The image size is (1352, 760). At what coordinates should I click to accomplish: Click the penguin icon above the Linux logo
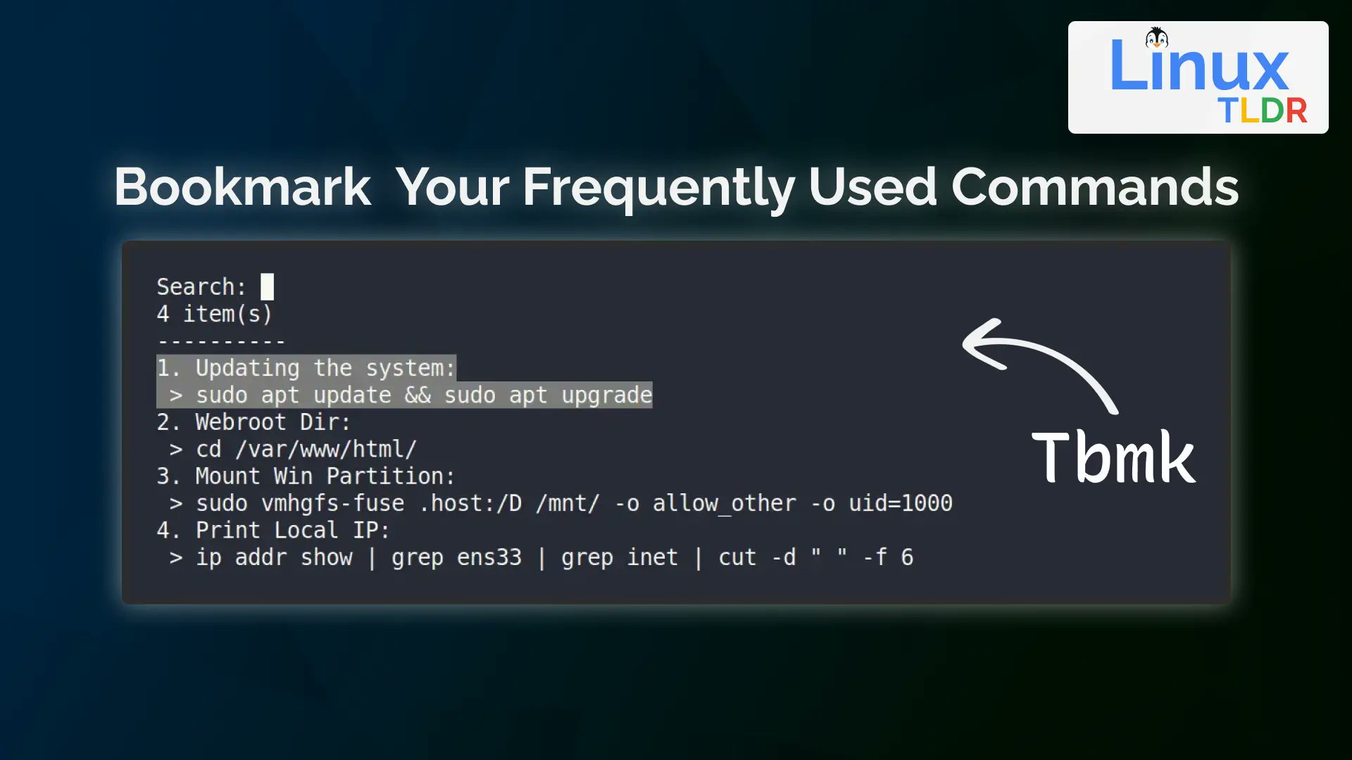coord(1156,38)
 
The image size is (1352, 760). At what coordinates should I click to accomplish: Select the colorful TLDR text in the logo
coord(1263,111)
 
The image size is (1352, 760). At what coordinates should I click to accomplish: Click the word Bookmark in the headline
coord(242,187)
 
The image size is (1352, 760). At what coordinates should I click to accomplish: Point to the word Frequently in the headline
coord(658,187)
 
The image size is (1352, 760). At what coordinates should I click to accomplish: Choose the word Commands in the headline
coord(1094,187)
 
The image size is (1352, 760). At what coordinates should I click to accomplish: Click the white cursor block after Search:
coord(267,287)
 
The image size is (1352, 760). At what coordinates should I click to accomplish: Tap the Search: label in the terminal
coord(201,287)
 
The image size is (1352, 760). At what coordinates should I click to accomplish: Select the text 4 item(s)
coord(214,314)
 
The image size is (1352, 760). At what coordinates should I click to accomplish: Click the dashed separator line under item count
coord(220,342)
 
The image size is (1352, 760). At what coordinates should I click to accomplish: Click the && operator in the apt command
coord(418,395)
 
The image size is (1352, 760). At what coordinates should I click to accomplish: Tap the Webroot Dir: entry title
coord(273,422)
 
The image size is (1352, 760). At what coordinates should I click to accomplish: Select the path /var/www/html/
coord(326,449)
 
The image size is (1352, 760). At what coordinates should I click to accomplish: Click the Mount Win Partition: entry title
coord(325,476)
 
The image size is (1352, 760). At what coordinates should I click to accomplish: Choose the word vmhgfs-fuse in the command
coord(332,503)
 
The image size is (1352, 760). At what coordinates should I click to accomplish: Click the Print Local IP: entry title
coord(292,530)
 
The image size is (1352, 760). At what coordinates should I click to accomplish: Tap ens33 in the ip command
coord(489,557)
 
